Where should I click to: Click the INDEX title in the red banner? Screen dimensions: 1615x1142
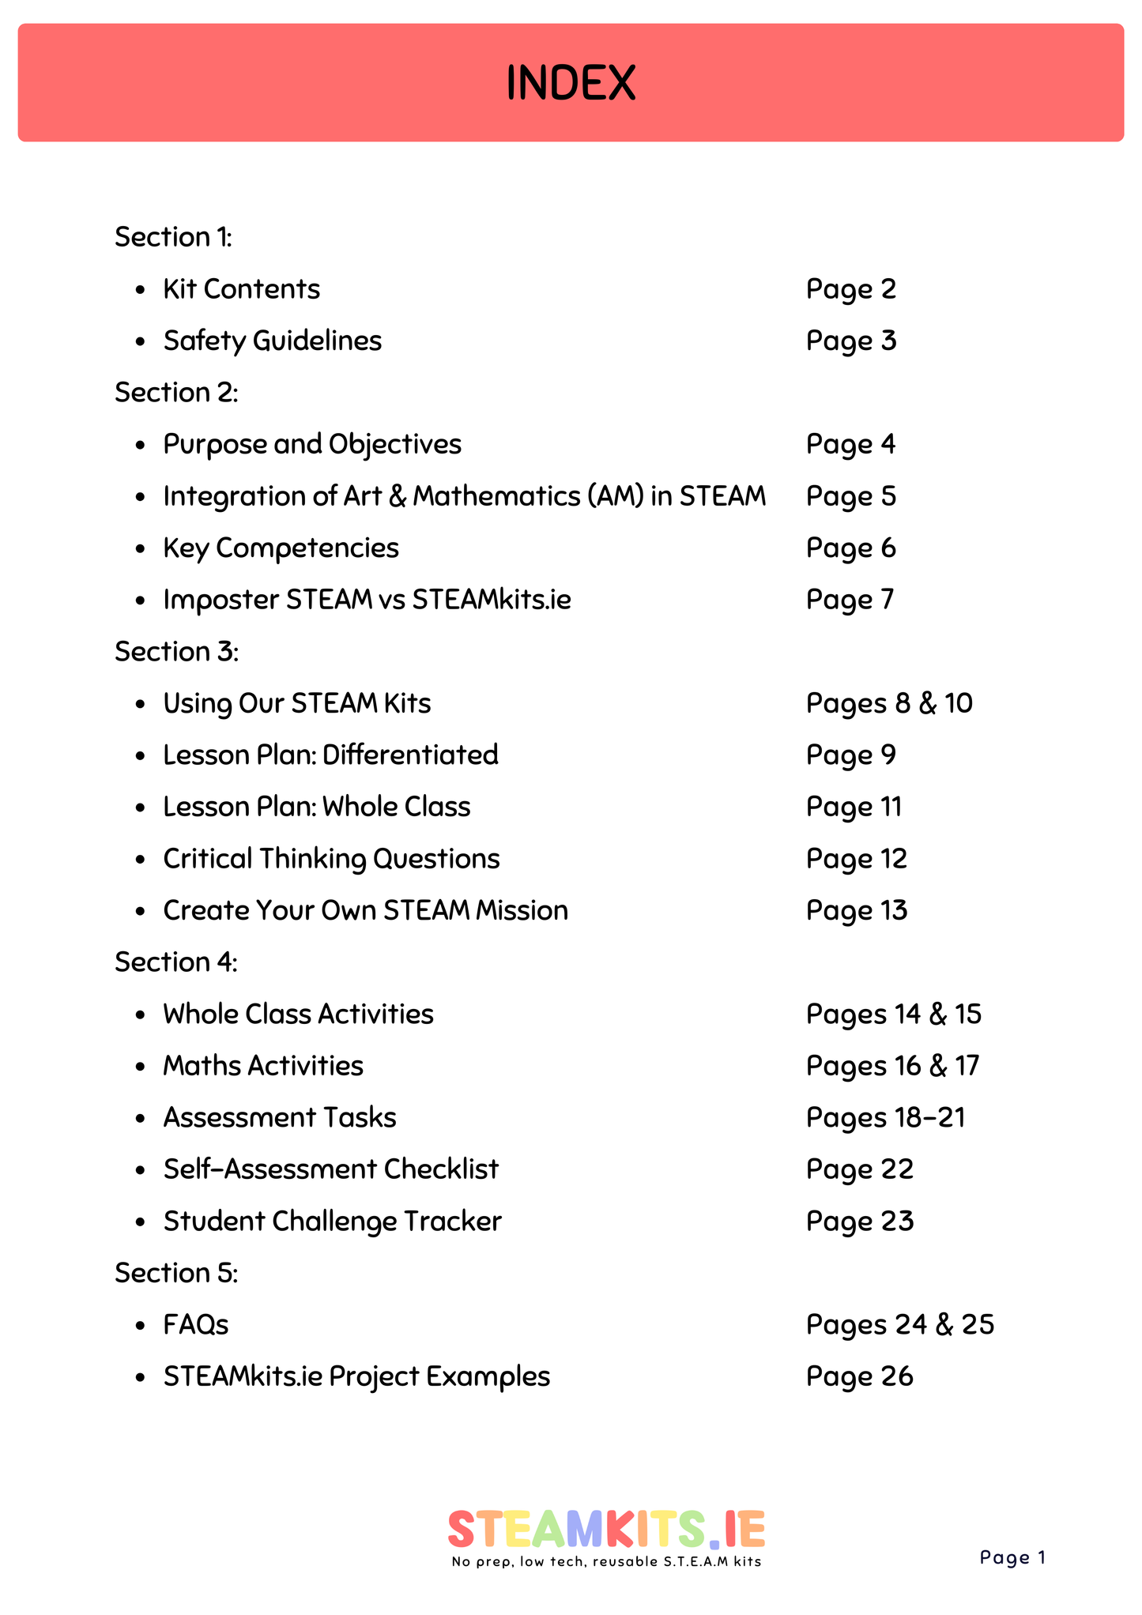[571, 83]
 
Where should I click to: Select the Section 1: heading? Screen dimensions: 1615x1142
[173, 237]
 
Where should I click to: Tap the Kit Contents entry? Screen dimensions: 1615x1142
[241, 289]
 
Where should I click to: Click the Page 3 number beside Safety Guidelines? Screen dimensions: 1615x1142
[851, 341]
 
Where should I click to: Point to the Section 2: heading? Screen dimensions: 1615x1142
[176, 393]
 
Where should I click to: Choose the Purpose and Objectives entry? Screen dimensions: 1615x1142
[312, 445]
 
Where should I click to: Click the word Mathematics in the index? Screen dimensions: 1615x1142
[496, 496]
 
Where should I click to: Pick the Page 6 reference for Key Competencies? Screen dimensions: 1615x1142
[851, 548]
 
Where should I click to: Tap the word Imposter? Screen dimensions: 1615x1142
[220, 600]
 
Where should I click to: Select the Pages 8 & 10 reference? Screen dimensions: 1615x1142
[889, 703]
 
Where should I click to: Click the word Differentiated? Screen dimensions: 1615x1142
[410, 755]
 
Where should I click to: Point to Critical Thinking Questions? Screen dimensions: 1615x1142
[331, 859]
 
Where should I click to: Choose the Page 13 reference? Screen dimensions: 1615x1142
[857, 911]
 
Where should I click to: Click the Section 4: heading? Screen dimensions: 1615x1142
[176, 962]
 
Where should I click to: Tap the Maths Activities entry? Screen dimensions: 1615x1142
[263, 1066]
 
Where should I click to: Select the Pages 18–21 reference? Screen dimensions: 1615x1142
[886, 1118]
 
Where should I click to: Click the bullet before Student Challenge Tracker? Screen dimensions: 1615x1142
[140, 1222]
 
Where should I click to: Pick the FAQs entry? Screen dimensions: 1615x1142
[196, 1325]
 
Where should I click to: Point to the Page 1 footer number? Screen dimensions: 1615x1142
[1012, 1557]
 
